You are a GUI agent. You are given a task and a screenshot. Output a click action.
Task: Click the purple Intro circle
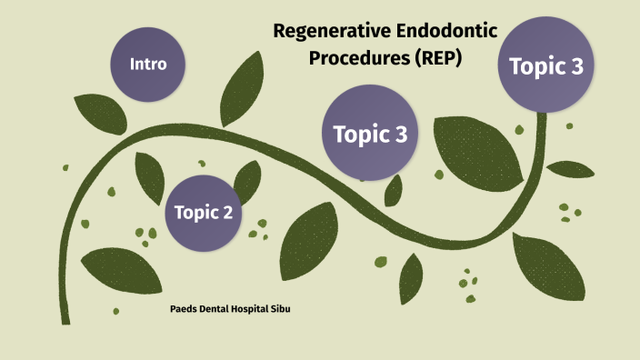click(146, 64)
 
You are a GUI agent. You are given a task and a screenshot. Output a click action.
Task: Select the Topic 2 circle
click(204, 213)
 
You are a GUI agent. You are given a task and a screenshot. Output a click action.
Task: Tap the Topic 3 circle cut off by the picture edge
click(545, 65)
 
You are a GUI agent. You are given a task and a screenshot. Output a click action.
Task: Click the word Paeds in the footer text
click(185, 309)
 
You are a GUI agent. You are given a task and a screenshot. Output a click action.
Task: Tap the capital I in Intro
click(133, 64)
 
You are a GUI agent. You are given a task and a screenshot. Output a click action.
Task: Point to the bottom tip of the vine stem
click(65, 321)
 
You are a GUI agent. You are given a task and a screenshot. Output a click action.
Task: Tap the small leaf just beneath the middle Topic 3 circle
click(394, 189)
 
